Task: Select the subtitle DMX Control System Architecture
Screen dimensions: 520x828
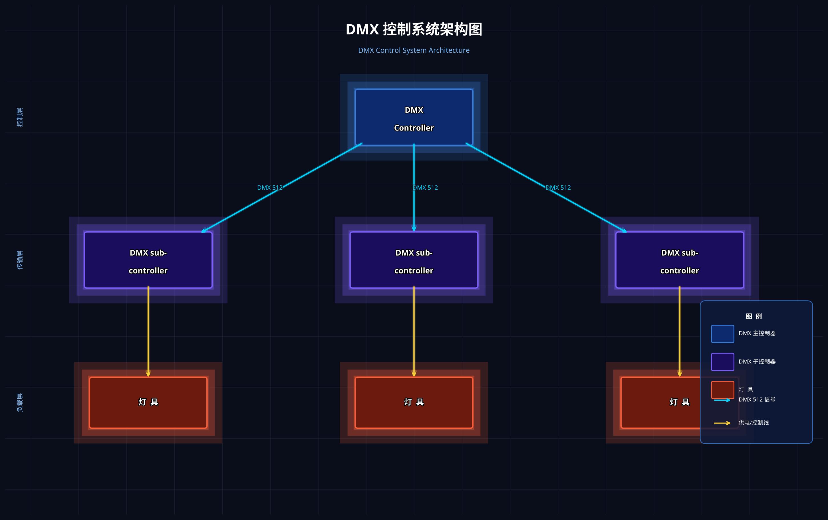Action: [414, 51]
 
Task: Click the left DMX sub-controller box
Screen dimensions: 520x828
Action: [148, 260]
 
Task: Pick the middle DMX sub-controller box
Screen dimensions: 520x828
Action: [414, 260]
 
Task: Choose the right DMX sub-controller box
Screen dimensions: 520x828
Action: [680, 260]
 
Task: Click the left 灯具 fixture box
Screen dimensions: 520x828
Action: [148, 402]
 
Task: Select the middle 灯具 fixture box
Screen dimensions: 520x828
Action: [414, 402]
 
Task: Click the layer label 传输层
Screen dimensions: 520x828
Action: [20, 260]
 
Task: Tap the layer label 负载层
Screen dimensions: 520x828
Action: [20, 402]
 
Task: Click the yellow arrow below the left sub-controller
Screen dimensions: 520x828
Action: [148, 332]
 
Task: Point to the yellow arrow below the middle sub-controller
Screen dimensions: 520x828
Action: [414, 332]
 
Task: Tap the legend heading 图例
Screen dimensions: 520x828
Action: [754, 316]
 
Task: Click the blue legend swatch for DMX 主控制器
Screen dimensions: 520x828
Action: [722, 334]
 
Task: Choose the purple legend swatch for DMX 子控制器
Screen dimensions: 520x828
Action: [722, 362]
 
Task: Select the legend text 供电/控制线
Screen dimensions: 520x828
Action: [754, 423]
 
